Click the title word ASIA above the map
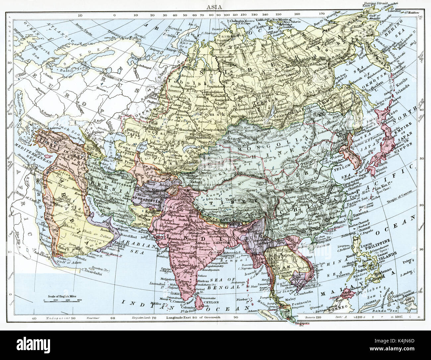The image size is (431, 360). (x=215, y=6)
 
